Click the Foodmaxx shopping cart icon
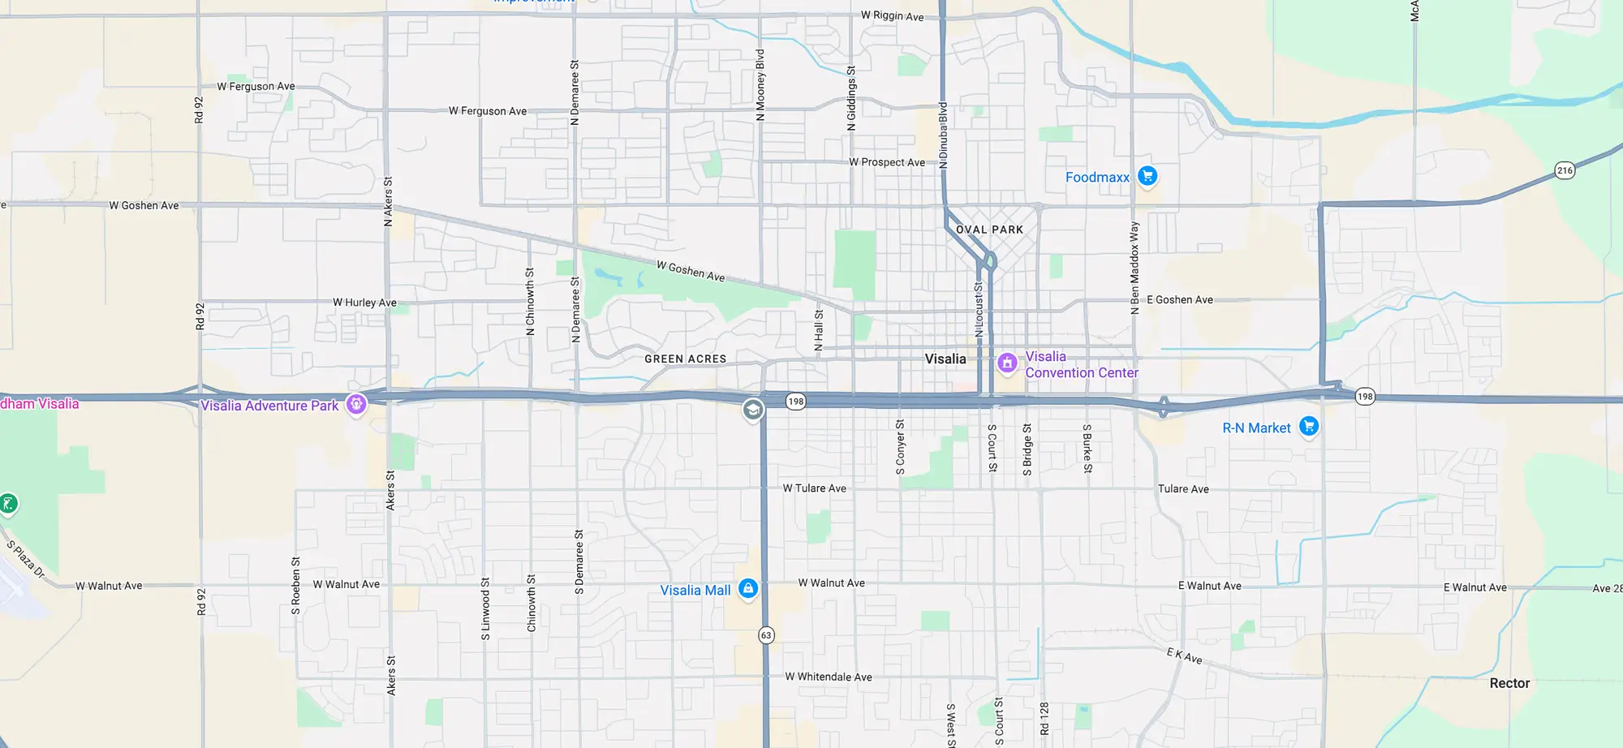point(1147,175)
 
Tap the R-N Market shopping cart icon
point(1308,426)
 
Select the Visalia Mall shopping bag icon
point(748,589)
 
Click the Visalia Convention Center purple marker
point(1007,363)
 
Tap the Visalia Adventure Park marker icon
point(355,404)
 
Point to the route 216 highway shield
point(1565,170)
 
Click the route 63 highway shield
point(766,635)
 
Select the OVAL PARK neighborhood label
point(989,230)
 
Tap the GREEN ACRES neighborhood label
point(685,359)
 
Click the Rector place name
point(1509,683)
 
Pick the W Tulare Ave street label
point(814,488)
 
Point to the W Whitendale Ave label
point(828,677)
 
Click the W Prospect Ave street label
point(886,162)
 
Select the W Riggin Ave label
point(892,15)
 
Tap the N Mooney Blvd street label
point(760,85)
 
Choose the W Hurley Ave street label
point(364,303)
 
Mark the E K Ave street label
point(1184,656)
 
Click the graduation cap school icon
point(753,410)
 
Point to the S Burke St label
point(1087,448)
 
